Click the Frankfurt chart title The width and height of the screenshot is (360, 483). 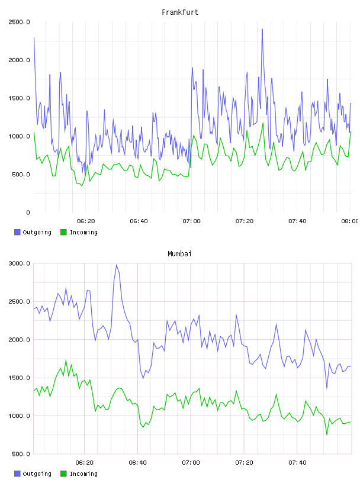tap(180, 12)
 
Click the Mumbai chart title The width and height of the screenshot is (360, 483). tap(179, 253)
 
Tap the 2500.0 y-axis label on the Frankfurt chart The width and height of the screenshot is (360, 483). tap(19, 22)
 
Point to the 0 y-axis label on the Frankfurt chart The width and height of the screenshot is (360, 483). tap(28, 212)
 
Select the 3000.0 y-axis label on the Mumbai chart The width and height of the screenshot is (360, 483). tap(19, 263)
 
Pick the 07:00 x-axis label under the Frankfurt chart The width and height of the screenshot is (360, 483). tap(191, 221)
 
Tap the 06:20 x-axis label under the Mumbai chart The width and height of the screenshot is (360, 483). tap(85, 462)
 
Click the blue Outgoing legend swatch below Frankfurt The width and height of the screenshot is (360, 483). tap(17, 232)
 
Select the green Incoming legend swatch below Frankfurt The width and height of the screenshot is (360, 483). tap(63, 232)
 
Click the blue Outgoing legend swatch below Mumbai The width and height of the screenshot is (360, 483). tap(17, 474)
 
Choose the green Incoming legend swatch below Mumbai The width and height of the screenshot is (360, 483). tap(63, 474)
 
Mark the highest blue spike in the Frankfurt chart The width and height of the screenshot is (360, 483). tap(262, 29)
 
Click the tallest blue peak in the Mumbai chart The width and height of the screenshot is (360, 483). tap(117, 265)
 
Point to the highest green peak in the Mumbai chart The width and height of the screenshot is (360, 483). tap(66, 360)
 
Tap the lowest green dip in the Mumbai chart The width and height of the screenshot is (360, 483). tap(327, 434)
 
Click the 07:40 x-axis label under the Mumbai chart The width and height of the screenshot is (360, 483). tap(297, 462)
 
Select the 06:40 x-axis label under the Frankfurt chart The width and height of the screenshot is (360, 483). tap(139, 221)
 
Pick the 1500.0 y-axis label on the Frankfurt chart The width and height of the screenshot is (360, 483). tap(19, 98)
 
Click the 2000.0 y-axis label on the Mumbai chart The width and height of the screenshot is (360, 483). tap(19, 339)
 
